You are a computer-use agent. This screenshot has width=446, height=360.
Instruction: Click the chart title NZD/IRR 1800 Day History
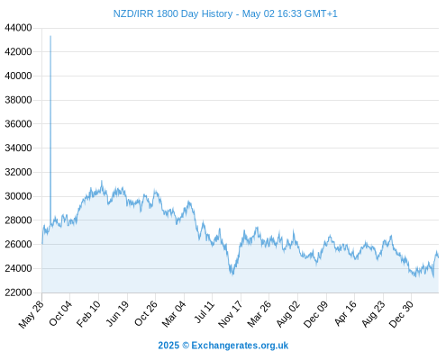[173, 13]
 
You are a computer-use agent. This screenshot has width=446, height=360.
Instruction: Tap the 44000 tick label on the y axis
[18, 28]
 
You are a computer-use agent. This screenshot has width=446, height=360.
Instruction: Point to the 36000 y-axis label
[18, 124]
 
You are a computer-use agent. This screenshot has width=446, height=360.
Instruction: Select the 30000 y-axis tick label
[18, 196]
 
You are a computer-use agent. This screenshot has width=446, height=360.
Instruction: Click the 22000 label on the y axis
[18, 292]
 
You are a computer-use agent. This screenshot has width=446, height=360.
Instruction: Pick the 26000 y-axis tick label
[18, 244]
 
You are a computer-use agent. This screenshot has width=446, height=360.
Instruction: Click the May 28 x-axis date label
[32, 314]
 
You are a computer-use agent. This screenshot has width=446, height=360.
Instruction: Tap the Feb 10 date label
[88, 314]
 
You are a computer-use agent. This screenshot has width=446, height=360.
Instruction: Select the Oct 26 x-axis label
[146, 313]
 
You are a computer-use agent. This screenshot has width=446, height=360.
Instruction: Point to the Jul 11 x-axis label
[205, 312]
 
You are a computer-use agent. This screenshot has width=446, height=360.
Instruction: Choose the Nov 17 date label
[230, 314]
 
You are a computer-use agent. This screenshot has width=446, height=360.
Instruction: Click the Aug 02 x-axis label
[288, 314]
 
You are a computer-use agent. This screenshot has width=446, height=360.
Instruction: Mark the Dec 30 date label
[401, 314]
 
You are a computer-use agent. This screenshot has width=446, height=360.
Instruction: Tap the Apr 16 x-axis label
[345, 313]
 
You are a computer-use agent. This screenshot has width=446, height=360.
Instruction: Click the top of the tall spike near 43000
[50, 36]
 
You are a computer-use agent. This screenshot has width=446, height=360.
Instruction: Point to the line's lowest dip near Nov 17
[232, 274]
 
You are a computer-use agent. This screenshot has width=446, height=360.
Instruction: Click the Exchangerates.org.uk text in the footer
[240, 346]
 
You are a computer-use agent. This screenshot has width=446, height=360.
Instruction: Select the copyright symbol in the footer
[186, 346]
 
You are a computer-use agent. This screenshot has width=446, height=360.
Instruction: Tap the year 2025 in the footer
[168, 346]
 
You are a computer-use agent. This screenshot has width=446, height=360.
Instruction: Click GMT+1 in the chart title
[321, 13]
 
